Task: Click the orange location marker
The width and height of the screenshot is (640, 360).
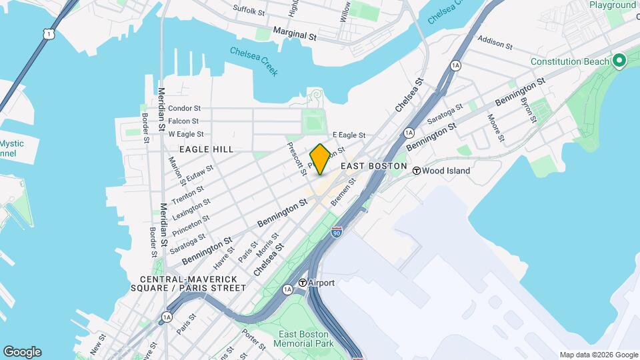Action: [320, 159]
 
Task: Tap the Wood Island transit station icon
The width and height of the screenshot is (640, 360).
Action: [417, 171]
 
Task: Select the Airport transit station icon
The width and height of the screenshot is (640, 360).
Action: [303, 283]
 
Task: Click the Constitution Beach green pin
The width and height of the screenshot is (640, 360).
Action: [619, 61]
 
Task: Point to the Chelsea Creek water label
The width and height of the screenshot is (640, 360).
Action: [254, 61]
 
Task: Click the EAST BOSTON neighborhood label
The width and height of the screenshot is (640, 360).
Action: [373, 166]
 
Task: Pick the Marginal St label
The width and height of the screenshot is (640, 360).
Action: [293, 35]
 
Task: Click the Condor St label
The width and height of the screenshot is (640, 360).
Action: [184, 108]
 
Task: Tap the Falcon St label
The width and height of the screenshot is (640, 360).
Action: [183, 121]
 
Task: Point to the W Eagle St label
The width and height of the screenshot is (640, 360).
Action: [185, 134]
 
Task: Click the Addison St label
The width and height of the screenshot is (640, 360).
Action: [495, 44]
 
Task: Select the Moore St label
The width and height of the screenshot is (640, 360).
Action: [496, 129]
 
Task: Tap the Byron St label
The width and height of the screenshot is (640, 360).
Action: [528, 109]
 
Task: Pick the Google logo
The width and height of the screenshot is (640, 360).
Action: [22, 352]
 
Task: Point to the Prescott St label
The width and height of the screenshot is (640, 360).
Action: [297, 158]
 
